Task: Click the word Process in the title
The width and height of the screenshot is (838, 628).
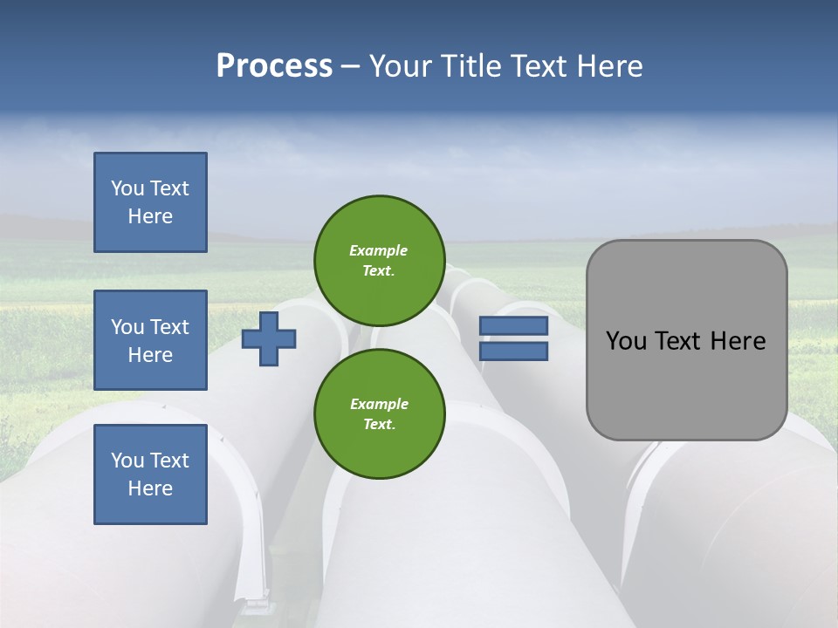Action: point(274,66)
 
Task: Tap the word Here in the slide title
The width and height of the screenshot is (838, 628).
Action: point(609,66)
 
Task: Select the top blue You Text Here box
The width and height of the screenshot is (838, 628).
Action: point(150,202)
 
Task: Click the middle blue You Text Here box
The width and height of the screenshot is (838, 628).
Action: point(150,340)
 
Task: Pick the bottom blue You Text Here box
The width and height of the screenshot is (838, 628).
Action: point(150,474)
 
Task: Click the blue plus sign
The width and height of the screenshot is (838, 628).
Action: point(269,338)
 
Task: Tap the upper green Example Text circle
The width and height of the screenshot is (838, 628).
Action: point(379,261)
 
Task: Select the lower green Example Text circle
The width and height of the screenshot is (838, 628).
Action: point(379,414)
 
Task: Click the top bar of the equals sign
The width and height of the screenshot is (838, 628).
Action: point(513,326)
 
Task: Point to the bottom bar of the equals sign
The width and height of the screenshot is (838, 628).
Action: point(513,352)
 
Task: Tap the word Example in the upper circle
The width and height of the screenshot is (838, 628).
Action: point(378,251)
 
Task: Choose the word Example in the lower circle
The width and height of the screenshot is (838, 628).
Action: point(379,405)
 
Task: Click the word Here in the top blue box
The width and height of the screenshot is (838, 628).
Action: point(150,216)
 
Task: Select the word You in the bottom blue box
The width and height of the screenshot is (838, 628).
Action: point(127,461)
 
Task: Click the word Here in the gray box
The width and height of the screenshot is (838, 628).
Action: point(738,341)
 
